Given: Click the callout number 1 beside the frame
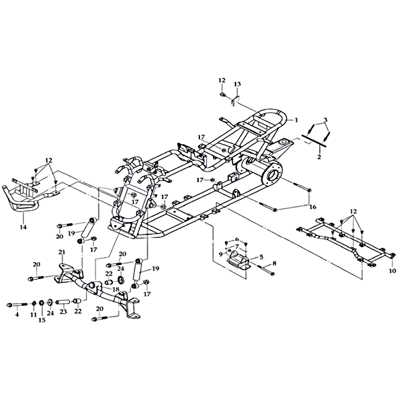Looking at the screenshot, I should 297,120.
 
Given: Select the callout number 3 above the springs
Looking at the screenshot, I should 326,119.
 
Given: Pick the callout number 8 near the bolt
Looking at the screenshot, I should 275,263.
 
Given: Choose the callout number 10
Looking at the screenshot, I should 393,271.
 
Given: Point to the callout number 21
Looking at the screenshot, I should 61,252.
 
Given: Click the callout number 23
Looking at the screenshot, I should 63,311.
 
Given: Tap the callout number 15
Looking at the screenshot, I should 42,319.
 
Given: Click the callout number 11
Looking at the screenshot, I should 33,314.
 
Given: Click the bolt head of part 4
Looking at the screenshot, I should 11,304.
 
